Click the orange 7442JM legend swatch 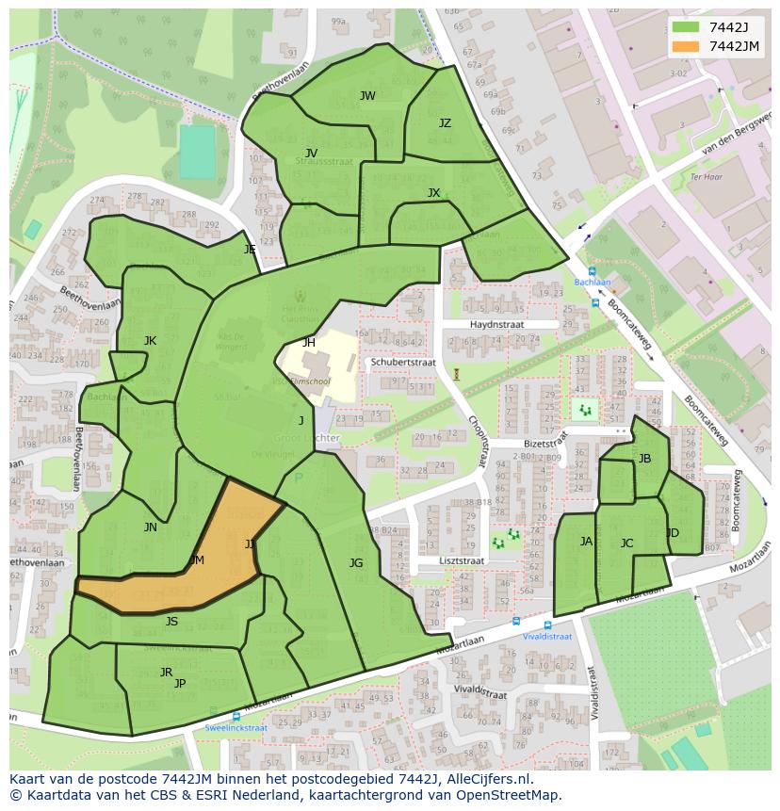(686, 46)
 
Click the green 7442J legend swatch (686, 27)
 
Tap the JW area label (367, 96)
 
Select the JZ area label (445, 123)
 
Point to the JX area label (433, 193)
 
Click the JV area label (311, 153)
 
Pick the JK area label (150, 341)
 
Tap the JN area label (151, 527)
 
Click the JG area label (356, 563)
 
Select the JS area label (171, 622)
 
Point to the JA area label (586, 542)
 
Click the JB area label (644, 459)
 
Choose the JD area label (673, 533)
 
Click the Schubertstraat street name (402, 362)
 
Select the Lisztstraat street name (461, 560)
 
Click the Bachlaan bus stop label (593, 283)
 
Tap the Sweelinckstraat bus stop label (236, 728)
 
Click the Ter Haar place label (705, 177)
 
